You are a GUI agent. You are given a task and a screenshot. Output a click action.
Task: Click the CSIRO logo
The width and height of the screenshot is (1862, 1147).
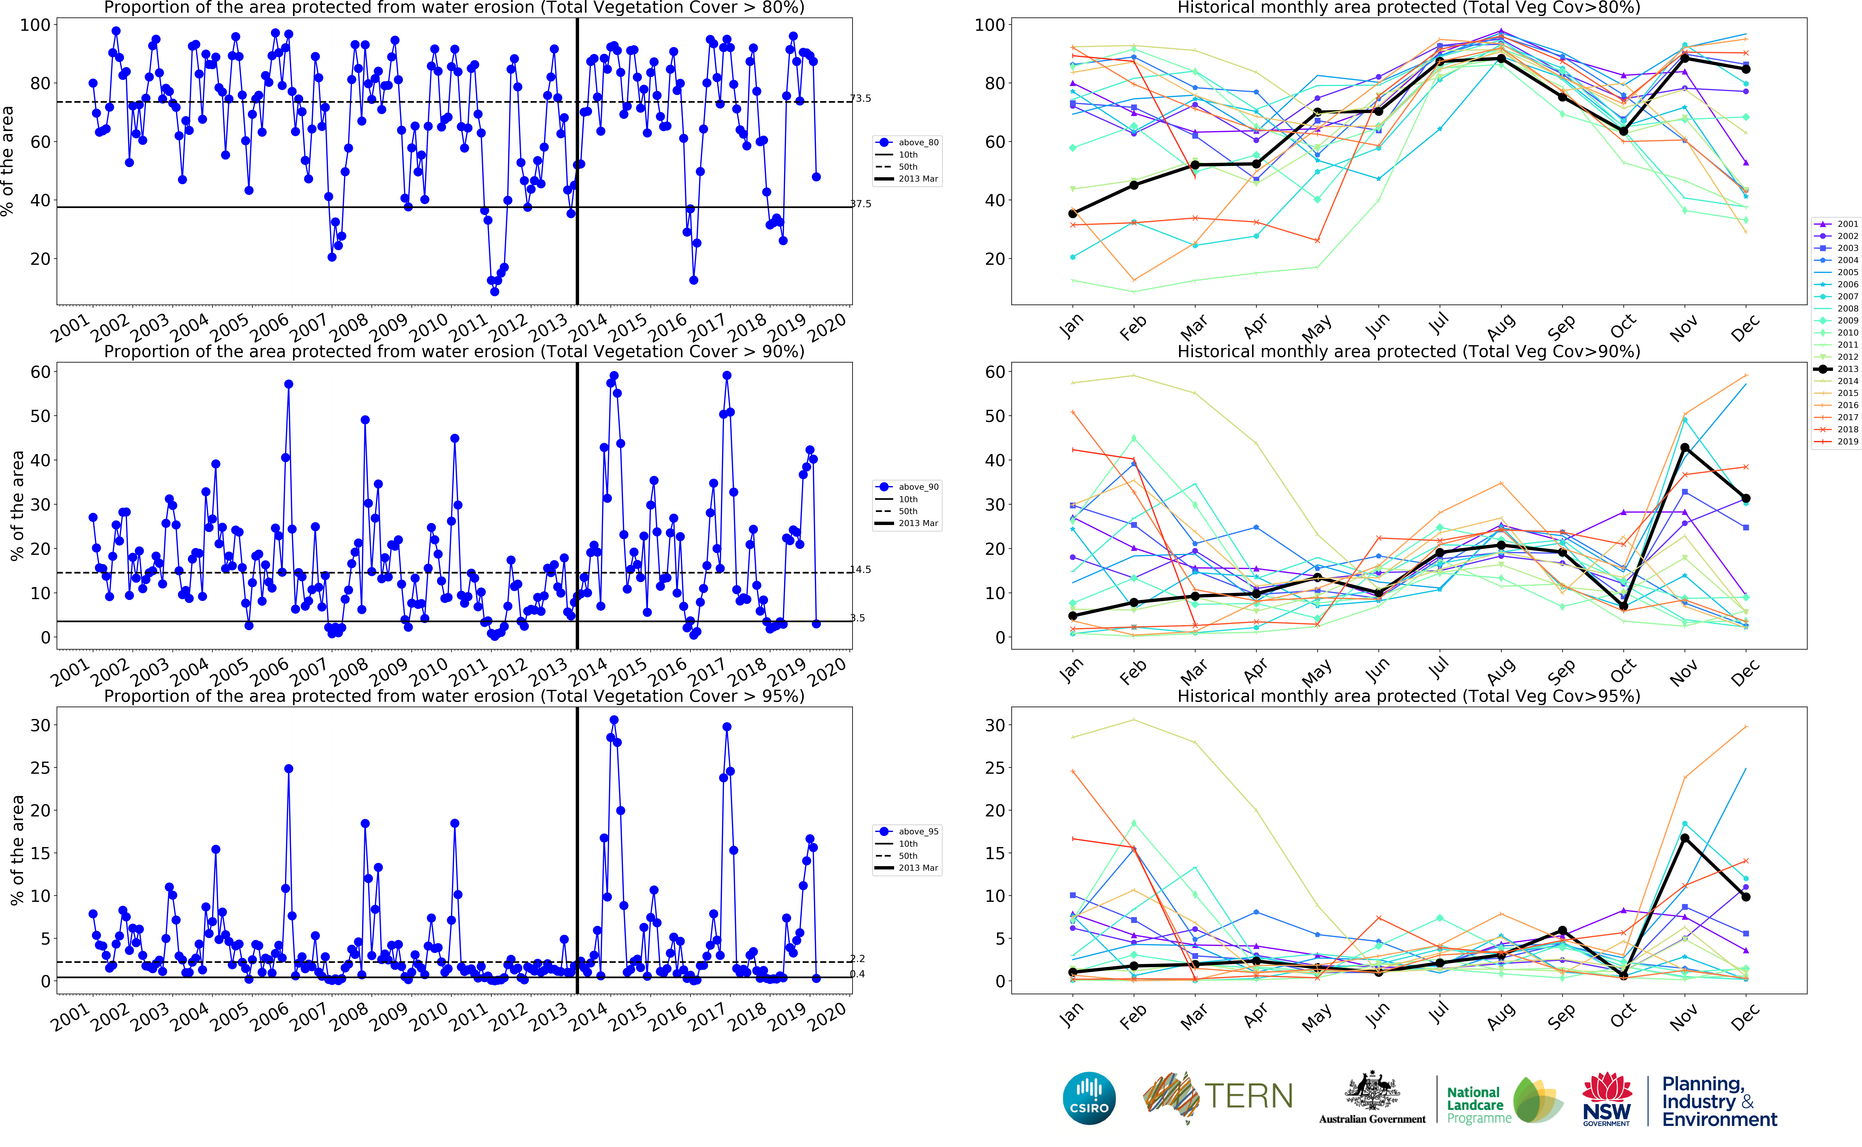click(x=1089, y=1098)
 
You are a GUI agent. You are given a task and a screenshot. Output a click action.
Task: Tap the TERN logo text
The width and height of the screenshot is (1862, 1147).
click(x=1248, y=1096)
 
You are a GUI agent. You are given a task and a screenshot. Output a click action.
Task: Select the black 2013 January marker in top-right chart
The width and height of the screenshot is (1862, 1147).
click(x=1073, y=214)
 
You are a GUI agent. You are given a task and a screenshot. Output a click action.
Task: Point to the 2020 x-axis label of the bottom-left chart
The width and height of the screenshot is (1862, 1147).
click(x=827, y=1016)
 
